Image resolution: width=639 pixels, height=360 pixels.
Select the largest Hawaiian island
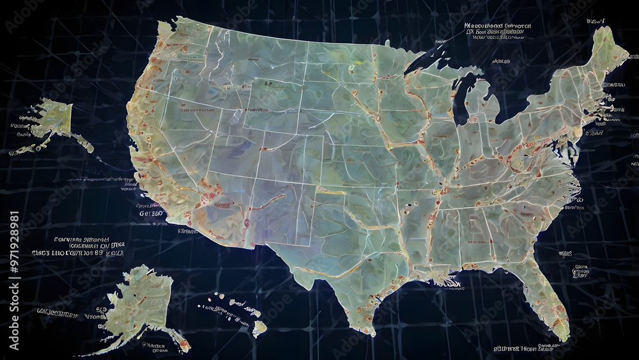coord(259,328)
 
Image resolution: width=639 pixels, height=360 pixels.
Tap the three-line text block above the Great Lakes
coord(498,31)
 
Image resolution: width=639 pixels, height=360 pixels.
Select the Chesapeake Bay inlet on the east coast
coord(573,150)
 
